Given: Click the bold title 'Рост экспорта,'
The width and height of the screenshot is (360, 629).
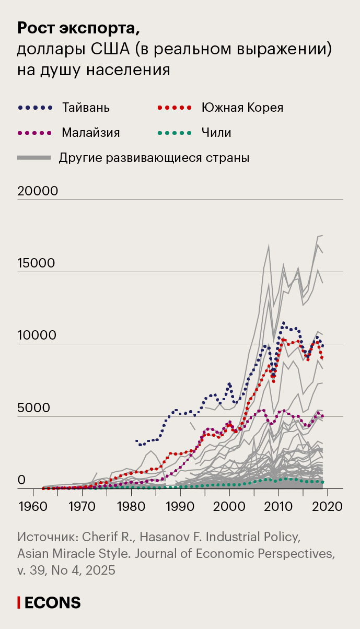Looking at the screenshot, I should pyautogui.click(x=79, y=28).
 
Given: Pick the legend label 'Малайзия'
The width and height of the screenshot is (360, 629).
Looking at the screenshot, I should pyautogui.click(x=91, y=133).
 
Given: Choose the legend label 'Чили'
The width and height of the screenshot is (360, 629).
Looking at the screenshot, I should pyautogui.click(x=216, y=133).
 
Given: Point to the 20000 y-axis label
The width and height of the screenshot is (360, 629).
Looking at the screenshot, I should pyautogui.click(x=38, y=191).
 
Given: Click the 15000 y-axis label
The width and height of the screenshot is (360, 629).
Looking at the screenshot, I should pyautogui.click(x=36, y=263).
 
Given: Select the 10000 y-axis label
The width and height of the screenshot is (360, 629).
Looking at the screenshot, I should pyautogui.click(x=37, y=335).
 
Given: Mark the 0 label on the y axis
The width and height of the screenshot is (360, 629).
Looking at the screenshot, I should pyautogui.click(x=22, y=480).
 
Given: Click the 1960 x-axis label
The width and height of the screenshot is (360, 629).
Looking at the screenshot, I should pyautogui.click(x=32, y=506).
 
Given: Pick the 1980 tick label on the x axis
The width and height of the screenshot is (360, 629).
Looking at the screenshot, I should pyautogui.click(x=131, y=506).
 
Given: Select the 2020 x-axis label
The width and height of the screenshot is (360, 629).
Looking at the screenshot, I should pyautogui.click(x=328, y=506).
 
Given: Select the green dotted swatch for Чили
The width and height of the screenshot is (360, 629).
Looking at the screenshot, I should pyautogui.click(x=175, y=133).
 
